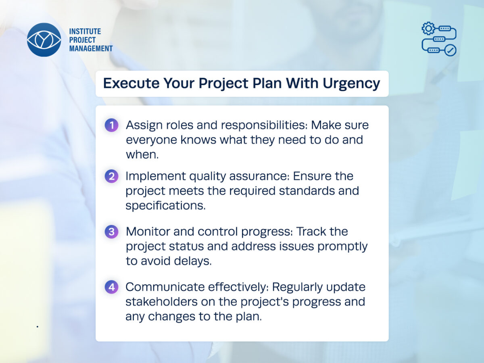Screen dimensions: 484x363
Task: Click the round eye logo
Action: tap(44, 40)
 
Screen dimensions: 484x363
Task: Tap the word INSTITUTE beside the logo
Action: tap(85, 31)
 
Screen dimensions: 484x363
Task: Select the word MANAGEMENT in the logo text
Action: tap(91, 48)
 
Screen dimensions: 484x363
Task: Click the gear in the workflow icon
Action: tap(428, 28)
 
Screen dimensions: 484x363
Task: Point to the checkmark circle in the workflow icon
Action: tap(450, 50)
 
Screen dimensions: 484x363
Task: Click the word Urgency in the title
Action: tap(351, 84)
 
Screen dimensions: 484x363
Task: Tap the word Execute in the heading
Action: tap(131, 83)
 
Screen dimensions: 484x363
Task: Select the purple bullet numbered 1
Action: tap(112, 125)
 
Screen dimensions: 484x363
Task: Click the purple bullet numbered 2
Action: tap(112, 176)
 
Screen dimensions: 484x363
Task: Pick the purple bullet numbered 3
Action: tap(112, 232)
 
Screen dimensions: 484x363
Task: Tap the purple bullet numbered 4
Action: tap(112, 287)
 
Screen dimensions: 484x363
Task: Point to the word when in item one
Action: tap(142, 154)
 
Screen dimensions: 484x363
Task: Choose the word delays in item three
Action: tap(193, 261)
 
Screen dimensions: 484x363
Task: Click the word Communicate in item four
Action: tap(165, 287)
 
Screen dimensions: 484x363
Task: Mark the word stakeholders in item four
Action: tap(161, 302)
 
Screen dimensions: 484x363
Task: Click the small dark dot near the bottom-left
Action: tap(38, 327)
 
